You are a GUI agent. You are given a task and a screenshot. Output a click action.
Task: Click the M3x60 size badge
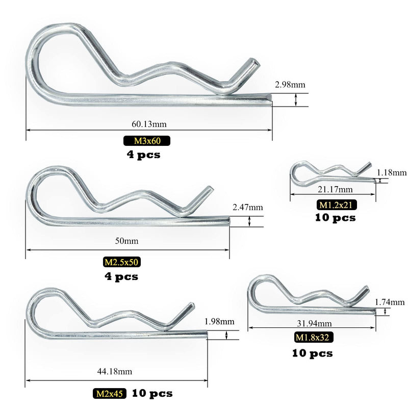(147, 141)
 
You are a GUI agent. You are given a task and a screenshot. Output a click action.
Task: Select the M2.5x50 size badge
(121, 262)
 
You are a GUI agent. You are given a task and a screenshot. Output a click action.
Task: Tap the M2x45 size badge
(110, 393)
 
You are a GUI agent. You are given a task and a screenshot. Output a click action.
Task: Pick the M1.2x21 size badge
(336, 205)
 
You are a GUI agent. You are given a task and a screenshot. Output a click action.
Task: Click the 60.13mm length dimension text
(149, 124)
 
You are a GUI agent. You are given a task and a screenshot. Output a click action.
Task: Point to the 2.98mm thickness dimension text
(290, 85)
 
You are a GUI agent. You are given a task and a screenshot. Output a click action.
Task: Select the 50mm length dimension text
(126, 241)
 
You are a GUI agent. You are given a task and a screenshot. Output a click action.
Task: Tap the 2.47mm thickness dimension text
(248, 208)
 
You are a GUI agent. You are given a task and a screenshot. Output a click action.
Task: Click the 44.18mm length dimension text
(114, 371)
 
